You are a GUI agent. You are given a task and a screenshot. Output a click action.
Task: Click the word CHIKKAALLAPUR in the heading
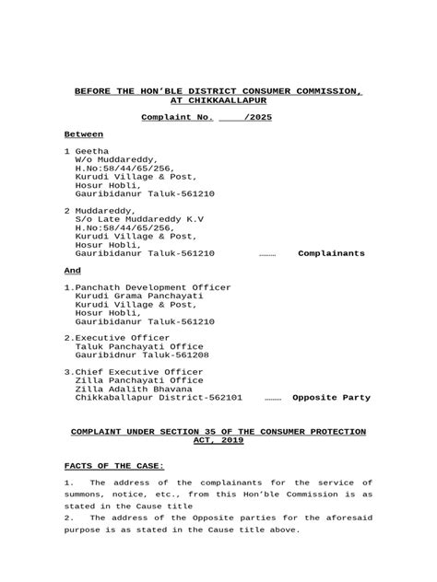(218, 99)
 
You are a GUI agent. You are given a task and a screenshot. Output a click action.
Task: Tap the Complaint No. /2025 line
(207, 118)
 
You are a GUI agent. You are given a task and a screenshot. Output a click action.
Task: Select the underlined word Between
(84, 134)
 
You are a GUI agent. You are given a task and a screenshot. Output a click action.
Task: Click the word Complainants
(331, 253)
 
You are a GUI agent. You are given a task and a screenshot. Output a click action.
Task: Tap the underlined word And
(72, 271)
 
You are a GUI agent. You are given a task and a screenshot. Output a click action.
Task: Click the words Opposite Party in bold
(331, 398)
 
